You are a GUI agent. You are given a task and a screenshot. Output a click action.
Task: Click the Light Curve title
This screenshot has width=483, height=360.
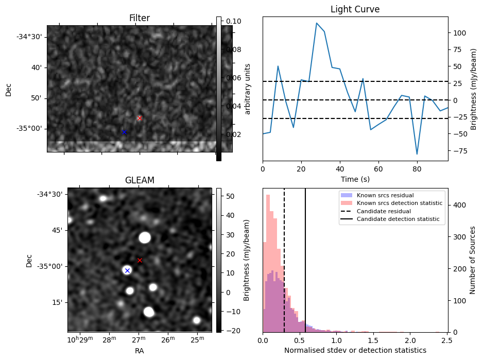click(355, 9)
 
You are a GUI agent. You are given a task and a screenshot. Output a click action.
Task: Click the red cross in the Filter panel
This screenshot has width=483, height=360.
click(140, 118)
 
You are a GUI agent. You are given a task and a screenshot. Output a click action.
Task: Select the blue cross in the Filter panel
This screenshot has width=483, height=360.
click(124, 132)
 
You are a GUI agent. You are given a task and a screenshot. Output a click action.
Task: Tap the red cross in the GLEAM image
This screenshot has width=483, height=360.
click(140, 260)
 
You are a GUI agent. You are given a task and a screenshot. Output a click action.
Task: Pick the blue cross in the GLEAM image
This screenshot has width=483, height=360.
click(127, 270)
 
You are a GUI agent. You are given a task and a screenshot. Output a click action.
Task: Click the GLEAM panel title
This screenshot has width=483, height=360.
click(140, 180)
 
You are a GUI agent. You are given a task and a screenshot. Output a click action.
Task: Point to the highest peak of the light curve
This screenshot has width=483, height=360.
click(317, 23)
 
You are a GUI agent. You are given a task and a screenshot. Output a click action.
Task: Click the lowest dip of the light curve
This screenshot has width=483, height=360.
click(417, 154)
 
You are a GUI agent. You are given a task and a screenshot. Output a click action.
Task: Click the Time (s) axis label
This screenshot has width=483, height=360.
click(355, 179)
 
